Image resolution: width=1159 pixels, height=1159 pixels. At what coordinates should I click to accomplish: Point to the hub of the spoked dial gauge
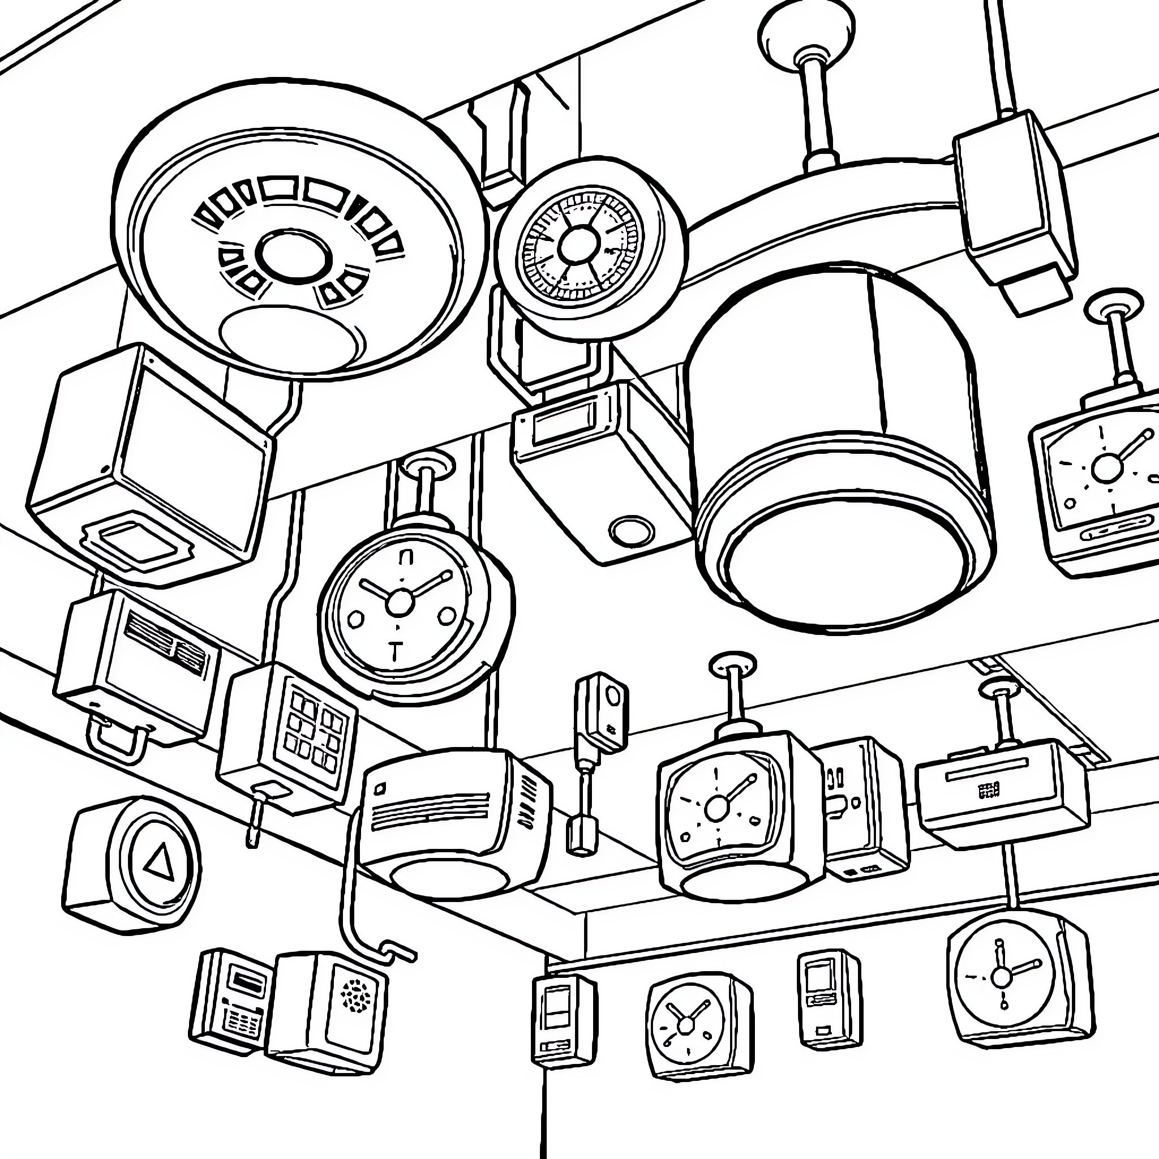pyautogui.click(x=578, y=244)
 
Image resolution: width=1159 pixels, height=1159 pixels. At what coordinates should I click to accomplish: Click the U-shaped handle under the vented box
pyautogui.click(x=117, y=741)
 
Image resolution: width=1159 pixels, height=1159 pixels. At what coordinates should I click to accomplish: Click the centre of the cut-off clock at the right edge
pyautogui.click(x=1106, y=467)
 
